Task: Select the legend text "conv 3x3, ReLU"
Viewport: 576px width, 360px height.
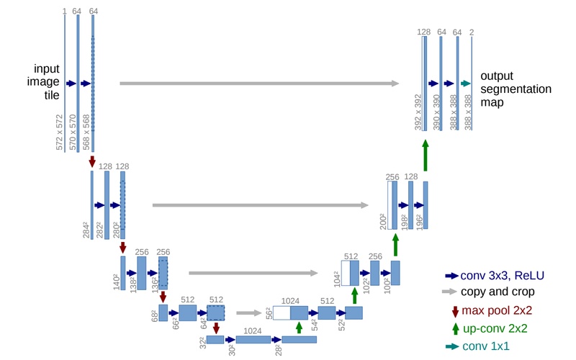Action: [x=503, y=275]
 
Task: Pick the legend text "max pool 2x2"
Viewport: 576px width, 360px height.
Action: [x=498, y=310]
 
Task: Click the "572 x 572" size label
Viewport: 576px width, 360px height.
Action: [x=59, y=131]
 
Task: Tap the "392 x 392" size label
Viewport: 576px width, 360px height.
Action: [x=418, y=112]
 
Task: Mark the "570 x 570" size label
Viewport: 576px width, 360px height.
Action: [x=73, y=132]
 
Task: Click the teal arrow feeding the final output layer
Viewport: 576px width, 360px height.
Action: [x=465, y=84]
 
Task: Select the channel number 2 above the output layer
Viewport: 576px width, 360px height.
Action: [x=472, y=32]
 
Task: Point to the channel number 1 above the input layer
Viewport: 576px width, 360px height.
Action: [x=64, y=12]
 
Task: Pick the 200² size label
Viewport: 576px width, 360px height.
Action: [x=382, y=221]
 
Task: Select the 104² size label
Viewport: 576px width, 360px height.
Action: [x=336, y=279]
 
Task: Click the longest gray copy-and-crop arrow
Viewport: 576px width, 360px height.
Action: [x=259, y=84]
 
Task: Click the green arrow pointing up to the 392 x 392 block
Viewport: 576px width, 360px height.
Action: [x=426, y=155]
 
